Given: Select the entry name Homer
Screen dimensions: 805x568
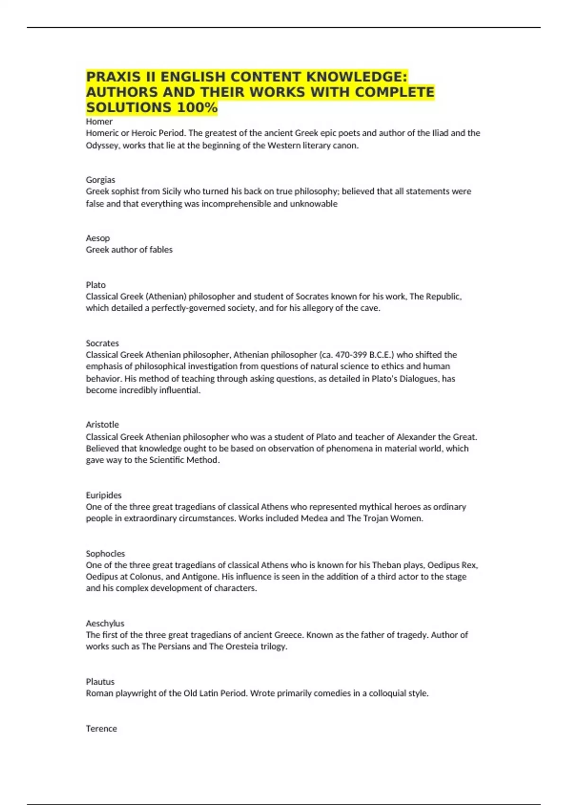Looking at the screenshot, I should (99, 122).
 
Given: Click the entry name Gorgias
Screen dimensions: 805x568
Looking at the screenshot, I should (100, 180).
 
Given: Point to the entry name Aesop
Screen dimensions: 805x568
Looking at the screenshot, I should (98, 238).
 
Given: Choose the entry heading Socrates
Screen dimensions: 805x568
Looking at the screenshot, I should (102, 343).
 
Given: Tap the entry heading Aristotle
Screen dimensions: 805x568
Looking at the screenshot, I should (102, 425).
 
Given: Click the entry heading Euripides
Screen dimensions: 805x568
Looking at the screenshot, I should (104, 495).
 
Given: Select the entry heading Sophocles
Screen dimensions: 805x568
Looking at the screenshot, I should (105, 554).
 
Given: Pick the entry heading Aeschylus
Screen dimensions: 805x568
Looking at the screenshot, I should (105, 624).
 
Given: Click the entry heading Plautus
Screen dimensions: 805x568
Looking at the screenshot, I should (100, 682).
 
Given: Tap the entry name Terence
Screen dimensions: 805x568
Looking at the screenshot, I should (101, 729).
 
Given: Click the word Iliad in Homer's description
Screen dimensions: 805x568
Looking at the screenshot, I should (440, 133).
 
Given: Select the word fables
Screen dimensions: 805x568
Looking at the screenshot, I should (161, 250).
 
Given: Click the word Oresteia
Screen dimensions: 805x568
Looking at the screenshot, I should (240, 647).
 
